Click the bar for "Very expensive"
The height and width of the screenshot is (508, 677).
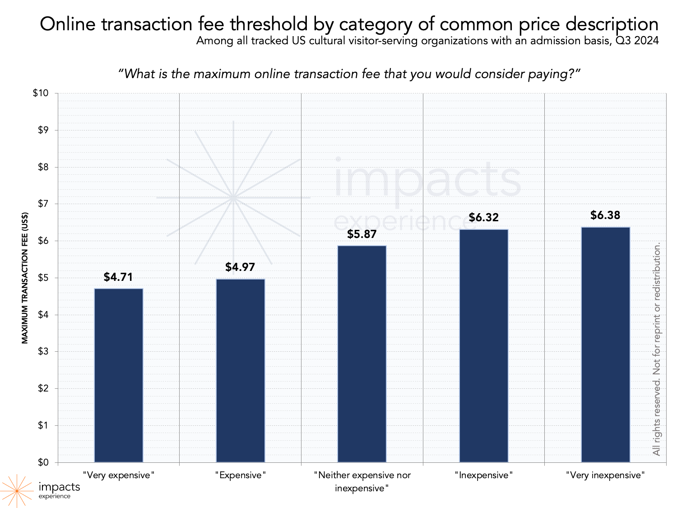(118, 375)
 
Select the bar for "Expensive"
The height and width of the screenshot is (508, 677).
(240, 370)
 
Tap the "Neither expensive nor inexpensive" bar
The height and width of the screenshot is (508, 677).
(362, 354)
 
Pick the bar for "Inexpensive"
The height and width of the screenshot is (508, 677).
(484, 346)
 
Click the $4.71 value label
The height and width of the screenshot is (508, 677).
(118, 277)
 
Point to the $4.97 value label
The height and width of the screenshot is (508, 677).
(240, 267)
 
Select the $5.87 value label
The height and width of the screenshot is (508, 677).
(362, 234)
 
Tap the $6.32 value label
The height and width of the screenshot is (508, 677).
(484, 217)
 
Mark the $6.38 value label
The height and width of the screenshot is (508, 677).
(605, 215)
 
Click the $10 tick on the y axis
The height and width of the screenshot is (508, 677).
(41, 93)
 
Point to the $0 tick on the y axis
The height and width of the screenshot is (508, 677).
(43, 462)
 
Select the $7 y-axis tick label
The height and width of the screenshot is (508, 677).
(43, 204)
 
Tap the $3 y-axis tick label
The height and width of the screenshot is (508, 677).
(43, 352)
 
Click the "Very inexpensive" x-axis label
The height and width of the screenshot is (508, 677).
(605, 475)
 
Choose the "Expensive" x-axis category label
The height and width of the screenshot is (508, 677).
(240, 475)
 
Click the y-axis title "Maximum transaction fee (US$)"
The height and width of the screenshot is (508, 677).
(25, 278)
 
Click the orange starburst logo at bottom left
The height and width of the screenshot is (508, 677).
(17, 490)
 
